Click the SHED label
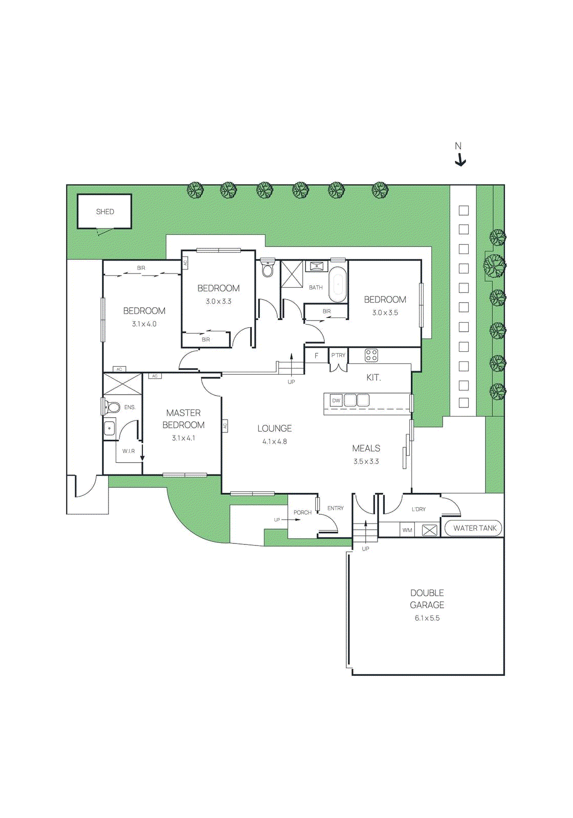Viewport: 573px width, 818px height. [105, 212]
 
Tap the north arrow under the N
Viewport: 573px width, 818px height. [460, 162]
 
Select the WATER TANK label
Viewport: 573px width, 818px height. [474, 528]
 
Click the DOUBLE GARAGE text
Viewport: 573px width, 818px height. [427, 599]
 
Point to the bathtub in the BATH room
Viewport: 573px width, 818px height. [338, 284]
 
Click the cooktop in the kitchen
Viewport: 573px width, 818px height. [371, 355]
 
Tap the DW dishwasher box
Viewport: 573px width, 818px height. [336, 401]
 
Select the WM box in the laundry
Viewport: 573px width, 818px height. [407, 530]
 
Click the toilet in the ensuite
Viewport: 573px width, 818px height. [112, 407]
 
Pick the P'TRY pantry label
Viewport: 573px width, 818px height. [338, 355]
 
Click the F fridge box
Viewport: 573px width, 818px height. [316, 355]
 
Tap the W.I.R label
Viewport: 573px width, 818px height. [128, 451]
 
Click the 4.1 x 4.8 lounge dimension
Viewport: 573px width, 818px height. [275, 442]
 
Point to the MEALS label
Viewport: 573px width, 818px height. [366, 448]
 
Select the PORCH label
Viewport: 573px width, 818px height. [302, 512]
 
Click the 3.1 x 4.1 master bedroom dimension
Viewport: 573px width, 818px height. [183, 438]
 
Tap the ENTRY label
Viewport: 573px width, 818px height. [336, 508]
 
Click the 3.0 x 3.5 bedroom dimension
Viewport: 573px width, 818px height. [385, 313]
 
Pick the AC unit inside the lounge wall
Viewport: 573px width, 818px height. [224, 425]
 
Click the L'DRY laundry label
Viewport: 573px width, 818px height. [418, 509]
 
